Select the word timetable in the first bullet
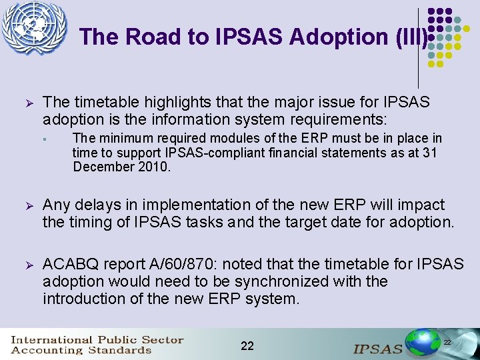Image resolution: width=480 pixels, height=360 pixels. [x=102, y=102]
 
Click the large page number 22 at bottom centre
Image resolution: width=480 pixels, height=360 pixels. [x=247, y=345]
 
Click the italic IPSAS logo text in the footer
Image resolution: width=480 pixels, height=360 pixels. [x=377, y=348]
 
